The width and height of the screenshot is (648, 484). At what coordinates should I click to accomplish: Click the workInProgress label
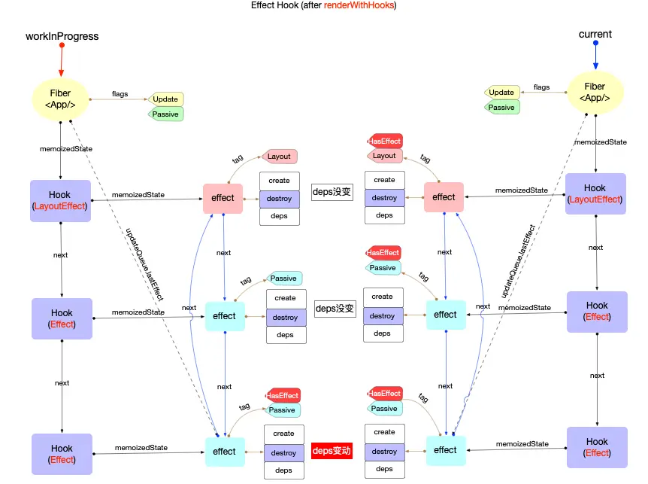point(62,36)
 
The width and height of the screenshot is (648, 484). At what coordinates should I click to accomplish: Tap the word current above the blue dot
point(595,35)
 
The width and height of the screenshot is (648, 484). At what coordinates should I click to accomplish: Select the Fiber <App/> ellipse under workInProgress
point(60,99)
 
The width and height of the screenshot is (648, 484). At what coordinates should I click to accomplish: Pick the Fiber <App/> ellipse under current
point(595,93)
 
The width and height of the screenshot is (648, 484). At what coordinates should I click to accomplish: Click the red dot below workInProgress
point(62,45)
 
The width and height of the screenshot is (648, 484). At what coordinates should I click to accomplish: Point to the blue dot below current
point(595,43)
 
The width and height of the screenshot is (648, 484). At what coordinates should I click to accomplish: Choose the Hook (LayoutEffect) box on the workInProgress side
point(60,200)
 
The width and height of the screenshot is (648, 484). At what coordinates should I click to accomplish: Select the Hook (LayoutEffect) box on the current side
point(595,193)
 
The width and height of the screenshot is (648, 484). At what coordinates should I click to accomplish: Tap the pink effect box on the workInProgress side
point(223,198)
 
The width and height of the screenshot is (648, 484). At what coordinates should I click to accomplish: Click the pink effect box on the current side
point(444,197)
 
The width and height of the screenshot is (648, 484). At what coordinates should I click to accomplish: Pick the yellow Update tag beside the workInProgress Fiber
point(165,99)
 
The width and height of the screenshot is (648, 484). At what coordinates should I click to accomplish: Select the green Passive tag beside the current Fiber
point(501,108)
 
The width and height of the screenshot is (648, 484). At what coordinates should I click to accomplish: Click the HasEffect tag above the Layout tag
point(385,141)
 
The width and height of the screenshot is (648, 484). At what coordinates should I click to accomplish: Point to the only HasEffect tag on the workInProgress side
point(283,395)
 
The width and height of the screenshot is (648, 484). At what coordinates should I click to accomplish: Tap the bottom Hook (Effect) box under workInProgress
point(62,454)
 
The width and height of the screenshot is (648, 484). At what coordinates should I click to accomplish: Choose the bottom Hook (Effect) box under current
point(597,447)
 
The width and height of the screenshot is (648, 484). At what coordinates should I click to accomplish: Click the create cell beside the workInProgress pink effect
point(279,181)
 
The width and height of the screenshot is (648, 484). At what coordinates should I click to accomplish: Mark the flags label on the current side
point(541,87)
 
